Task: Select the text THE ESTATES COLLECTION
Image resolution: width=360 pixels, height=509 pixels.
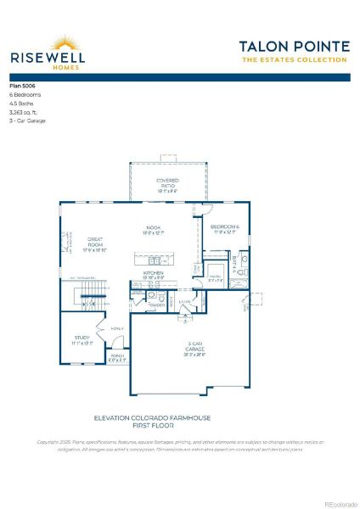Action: pyautogui.click(x=294, y=60)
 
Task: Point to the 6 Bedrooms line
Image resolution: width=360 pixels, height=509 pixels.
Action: pyautogui.click(x=25, y=95)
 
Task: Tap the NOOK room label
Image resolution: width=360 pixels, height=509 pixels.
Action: pyautogui.click(x=154, y=228)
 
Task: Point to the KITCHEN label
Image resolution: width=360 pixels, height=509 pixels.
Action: pyautogui.click(x=153, y=274)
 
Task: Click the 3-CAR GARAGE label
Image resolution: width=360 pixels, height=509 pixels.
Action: pyautogui.click(x=195, y=347)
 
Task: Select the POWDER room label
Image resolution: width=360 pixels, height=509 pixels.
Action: pyautogui.click(x=156, y=305)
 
